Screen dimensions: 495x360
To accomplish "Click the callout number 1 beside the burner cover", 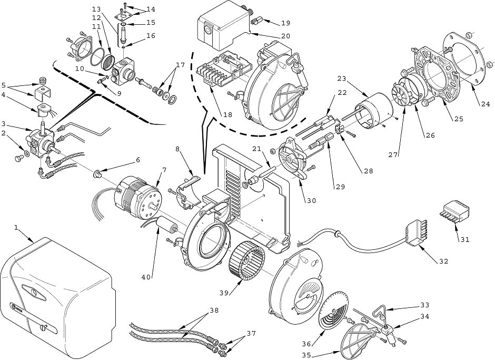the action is click(16, 228).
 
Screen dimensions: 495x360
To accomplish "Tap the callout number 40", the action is click(146, 277).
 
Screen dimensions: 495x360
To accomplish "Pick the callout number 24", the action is click(486, 104).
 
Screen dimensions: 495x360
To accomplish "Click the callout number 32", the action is click(443, 261).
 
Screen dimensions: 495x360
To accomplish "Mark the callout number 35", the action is click(306, 355).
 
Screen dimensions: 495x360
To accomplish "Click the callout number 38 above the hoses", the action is click(214, 310).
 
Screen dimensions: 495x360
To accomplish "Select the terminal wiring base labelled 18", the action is click(224, 72).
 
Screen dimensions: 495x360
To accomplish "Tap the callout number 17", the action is click(180, 65).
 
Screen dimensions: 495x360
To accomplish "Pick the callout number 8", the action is click(178, 148).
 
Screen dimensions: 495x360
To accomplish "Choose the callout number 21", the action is click(256, 149).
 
